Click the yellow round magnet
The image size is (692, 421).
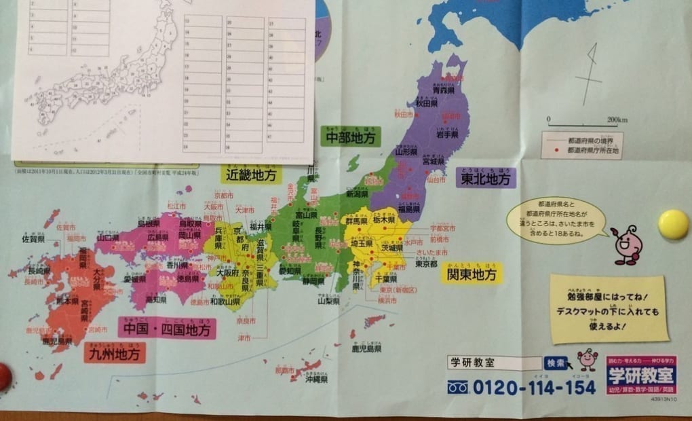click(x=673, y=224)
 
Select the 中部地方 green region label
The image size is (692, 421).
click(x=350, y=137)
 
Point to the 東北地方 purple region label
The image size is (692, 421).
click(x=486, y=179)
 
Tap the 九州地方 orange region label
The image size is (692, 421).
click(x=115, y=353)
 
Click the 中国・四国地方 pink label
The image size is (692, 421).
click(x=167, y=330)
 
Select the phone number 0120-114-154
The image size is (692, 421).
click(x=531, y=388)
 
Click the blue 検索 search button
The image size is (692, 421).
click(x=555, y=363)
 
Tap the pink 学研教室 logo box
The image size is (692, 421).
click(x=641, y=375)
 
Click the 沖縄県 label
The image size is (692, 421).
click(x=317, y=380)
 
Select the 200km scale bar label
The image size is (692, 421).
click(x=617, y=120)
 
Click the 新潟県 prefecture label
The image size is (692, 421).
click(x=357, y=194)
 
